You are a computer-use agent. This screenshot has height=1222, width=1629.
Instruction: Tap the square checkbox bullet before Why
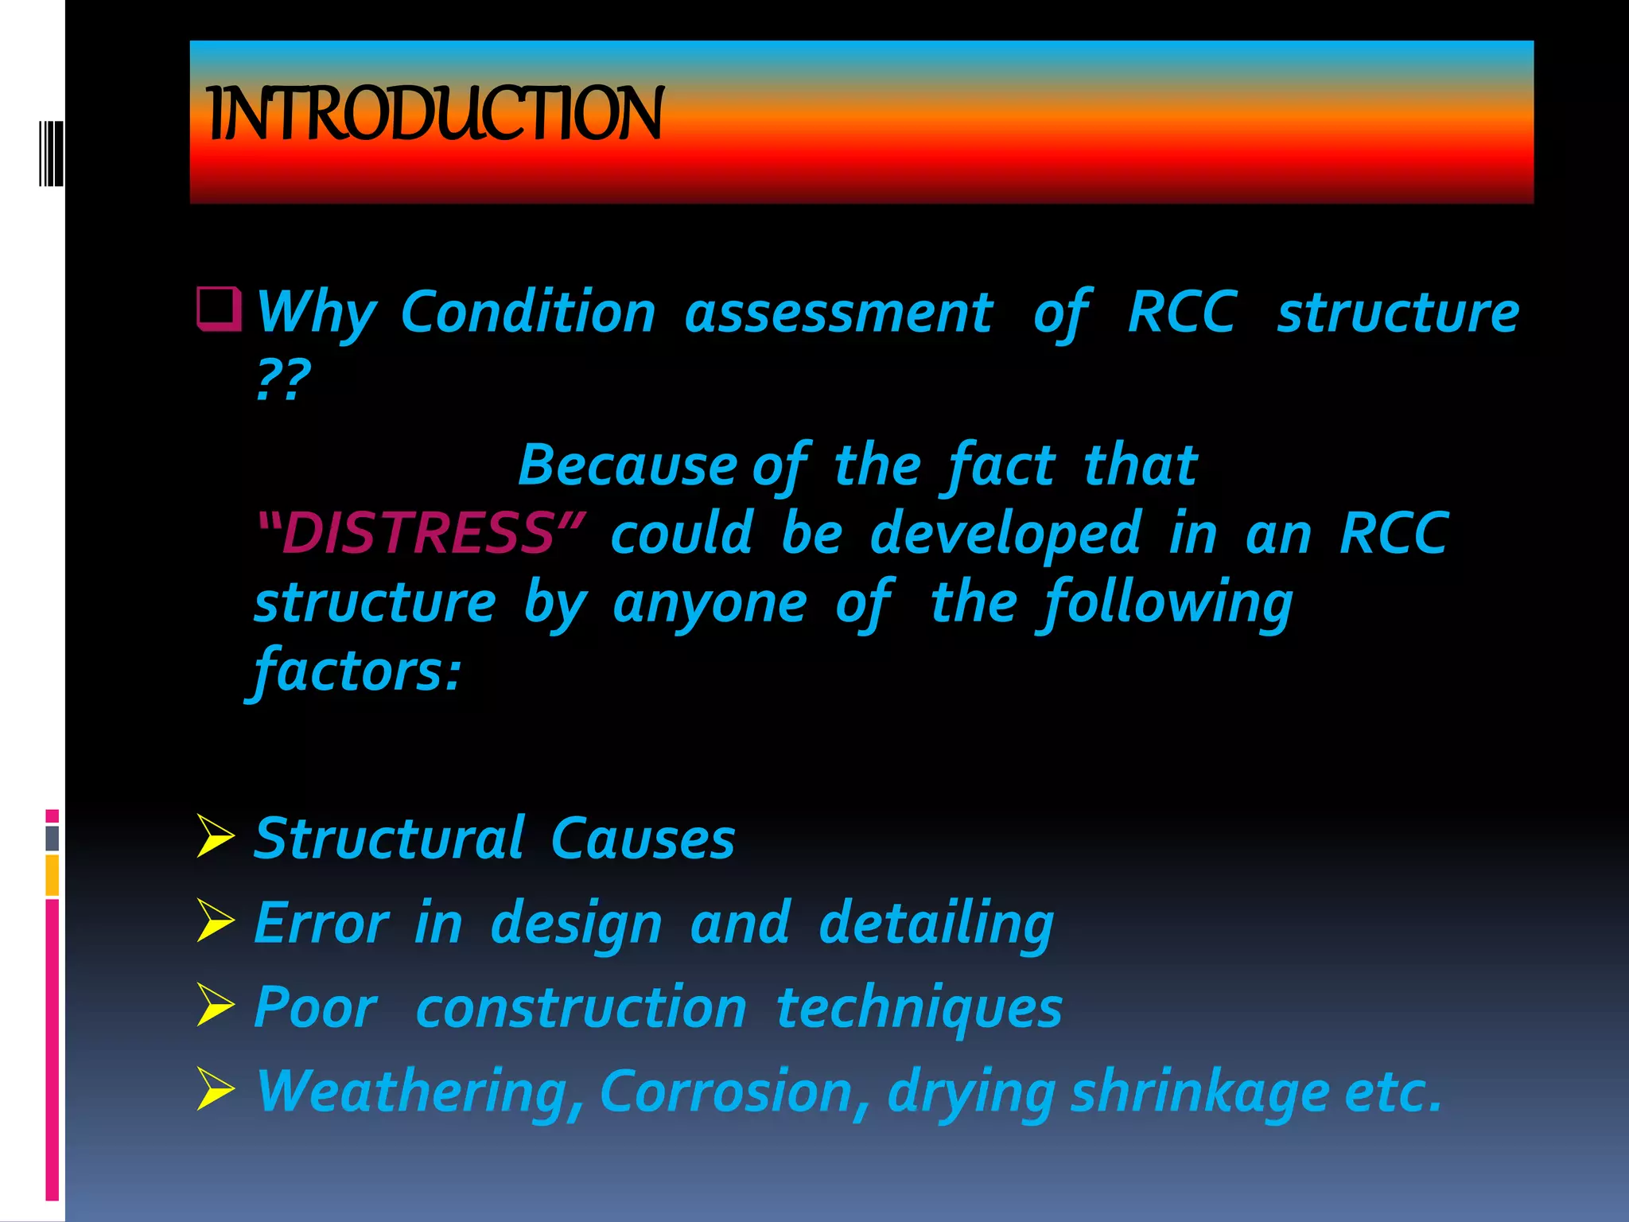pyautogui.click(x=219, y=309)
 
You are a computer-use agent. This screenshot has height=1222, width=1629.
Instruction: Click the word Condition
pyautogui.click(x=528, y=313)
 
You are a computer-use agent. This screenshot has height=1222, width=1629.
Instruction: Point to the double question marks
pyautogui.click(x=282, y=380)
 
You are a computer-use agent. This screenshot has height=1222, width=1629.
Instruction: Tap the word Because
pyautogui.click(x=628, y=465)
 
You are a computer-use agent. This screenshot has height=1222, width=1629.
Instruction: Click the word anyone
pyautogui.click(x=710, y=603)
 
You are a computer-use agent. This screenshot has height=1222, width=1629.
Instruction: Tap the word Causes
pyautogui.click(x=643, y=839)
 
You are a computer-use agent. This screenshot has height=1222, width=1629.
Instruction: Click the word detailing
pyautogui.click(x=936, y=924)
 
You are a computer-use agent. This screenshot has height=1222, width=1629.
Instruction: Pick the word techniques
pyautogui.click(x=919, y=1008)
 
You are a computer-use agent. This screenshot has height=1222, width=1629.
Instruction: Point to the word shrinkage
pyautogui.click(x=1199, y=1092)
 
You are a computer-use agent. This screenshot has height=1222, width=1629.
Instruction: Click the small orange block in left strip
pyautogui.click(x=52, y=875)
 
